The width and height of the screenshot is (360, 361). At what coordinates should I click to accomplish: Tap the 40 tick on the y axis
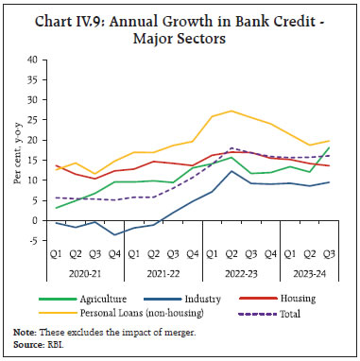coord(32,60)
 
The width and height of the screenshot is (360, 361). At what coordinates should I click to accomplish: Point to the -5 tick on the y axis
coord(32,241)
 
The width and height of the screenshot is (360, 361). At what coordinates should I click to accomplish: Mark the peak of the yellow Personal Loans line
coord(231,111)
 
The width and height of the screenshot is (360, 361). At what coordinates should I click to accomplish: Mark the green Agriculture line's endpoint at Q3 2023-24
coord(329,147)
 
